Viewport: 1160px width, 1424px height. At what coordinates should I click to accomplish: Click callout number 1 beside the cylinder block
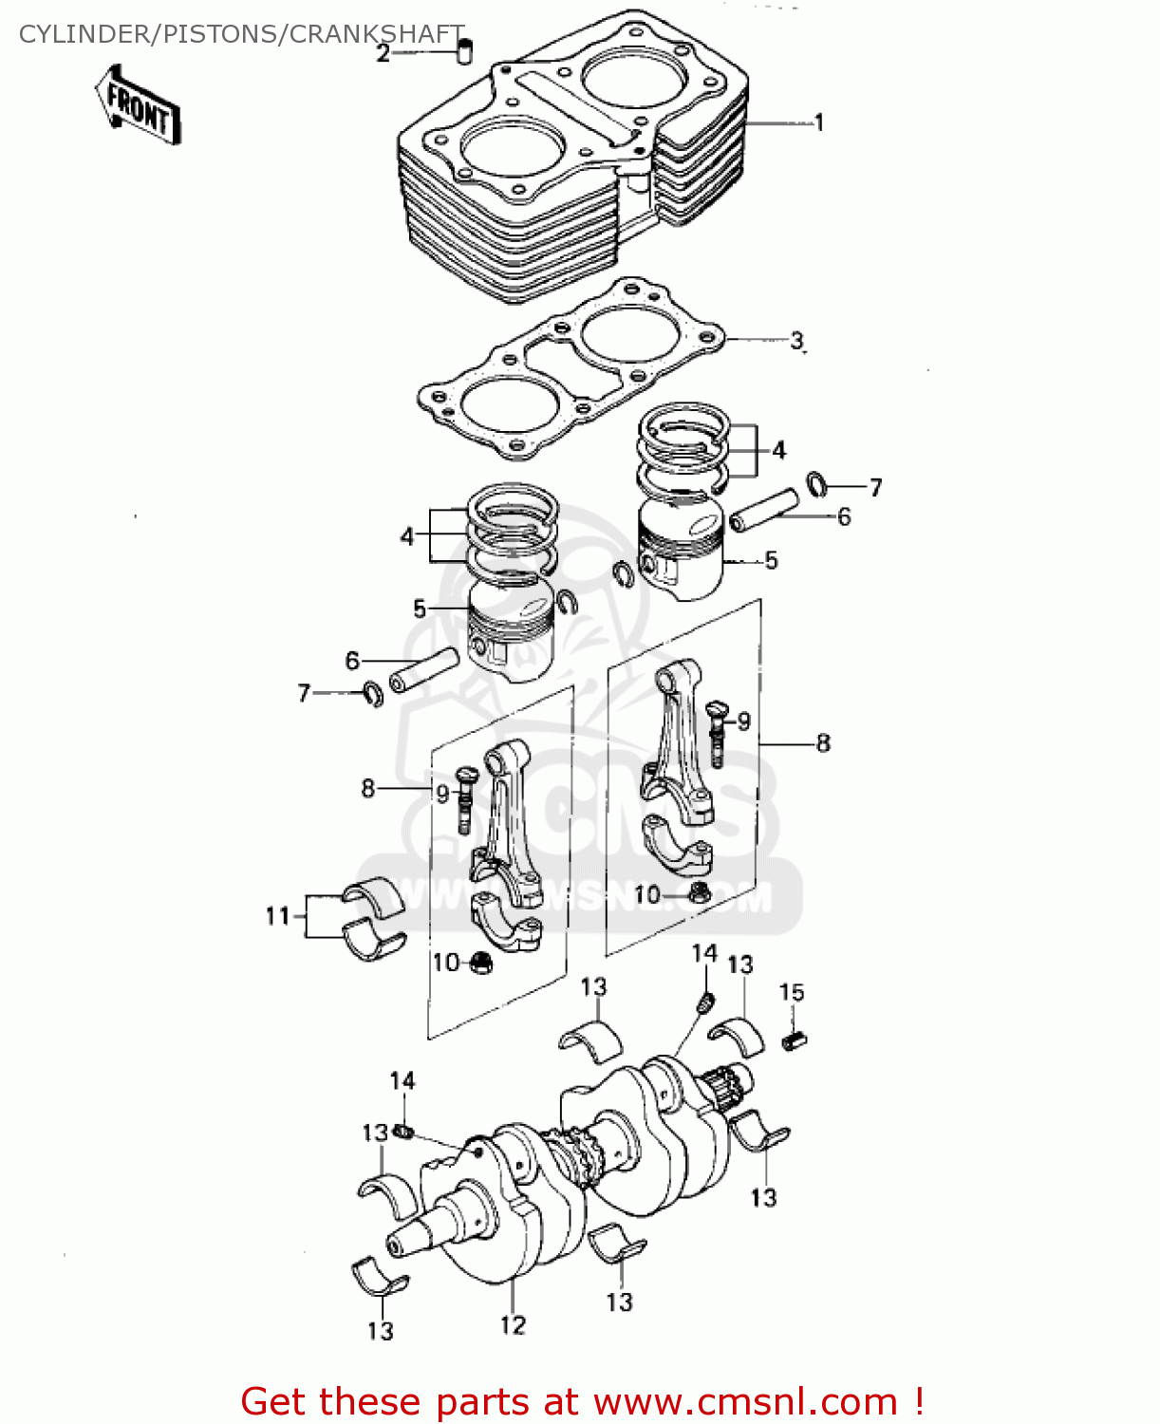click(x=818, y=122)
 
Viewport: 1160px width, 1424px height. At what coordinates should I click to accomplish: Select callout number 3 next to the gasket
click(x=796, y=340)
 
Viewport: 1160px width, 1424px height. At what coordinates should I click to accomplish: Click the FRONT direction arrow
click(x=138, y=106)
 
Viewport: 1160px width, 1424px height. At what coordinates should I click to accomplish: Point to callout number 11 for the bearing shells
click(x=277, y=916)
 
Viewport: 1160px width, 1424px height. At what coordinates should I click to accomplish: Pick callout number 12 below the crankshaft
click(x=513, y=1324)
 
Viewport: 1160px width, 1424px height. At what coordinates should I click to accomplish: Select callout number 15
click(x=792, y=992)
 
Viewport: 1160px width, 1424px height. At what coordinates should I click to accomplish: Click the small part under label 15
click(x=795, y=1040)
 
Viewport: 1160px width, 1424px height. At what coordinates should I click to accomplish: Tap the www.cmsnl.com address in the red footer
click(x=745, y=1401)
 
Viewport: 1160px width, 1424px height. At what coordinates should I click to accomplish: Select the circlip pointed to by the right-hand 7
click(x=817, y=484)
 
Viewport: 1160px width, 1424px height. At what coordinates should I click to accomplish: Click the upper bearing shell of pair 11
click(x=374, y=896)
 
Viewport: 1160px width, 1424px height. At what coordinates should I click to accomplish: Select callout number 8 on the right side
click(x=823, y=743)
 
